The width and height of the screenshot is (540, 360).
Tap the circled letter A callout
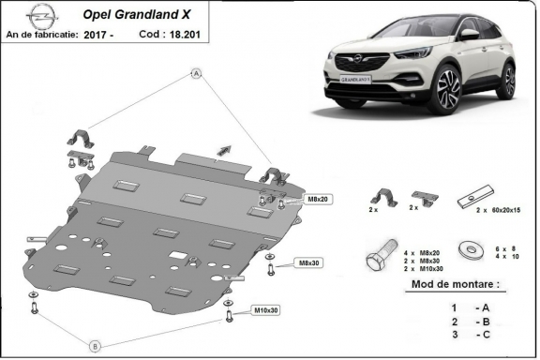[x=196, y=73]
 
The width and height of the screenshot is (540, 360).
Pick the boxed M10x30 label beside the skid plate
[x=265, y=310]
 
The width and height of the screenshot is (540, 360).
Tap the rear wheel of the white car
[x=508, y=82]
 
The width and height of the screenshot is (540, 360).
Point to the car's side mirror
[x=469, y=34]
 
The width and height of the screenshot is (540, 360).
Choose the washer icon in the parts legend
[x=466, y=250]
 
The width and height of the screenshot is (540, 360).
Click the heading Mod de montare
[x=456, y=283]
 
